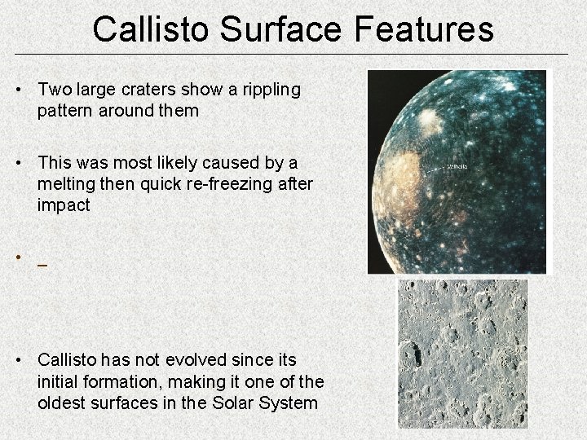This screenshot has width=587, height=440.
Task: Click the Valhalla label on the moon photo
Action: pyautogui.click(x=457, y=167)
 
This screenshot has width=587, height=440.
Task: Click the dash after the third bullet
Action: pyautogui.click(x=42, y=267)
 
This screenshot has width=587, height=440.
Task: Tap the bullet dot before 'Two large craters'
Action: pyautogui.click(x=18, y=90)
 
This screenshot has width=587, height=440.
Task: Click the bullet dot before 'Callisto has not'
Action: pyautogui.click(x=18, y=360)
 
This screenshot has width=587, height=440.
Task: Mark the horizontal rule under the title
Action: pyautogui.click(x=293, y=55)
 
